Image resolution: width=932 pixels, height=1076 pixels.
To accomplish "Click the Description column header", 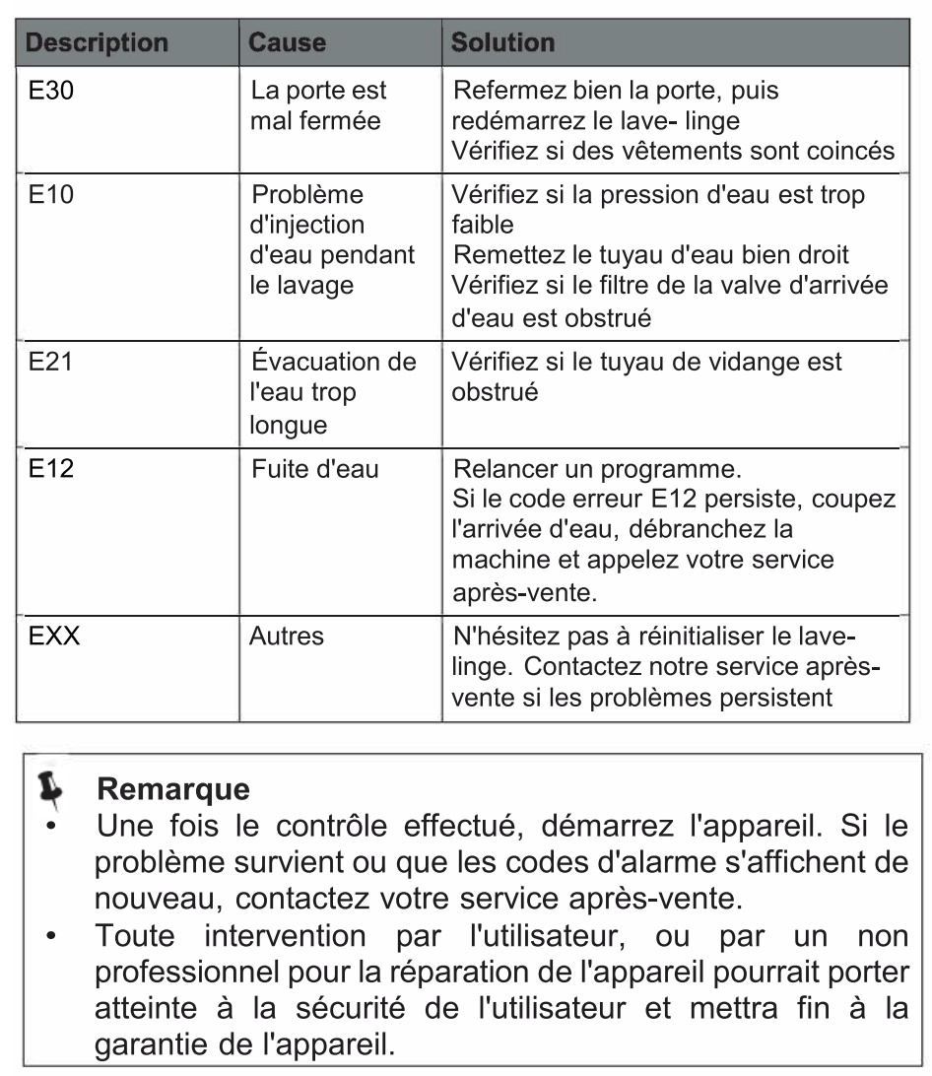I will point(96,44).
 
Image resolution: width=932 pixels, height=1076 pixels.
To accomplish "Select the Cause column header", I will point(287,44).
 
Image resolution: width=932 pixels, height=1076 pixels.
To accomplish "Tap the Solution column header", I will point(502,44).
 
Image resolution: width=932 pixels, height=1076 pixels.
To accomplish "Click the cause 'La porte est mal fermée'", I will point(317,106).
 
